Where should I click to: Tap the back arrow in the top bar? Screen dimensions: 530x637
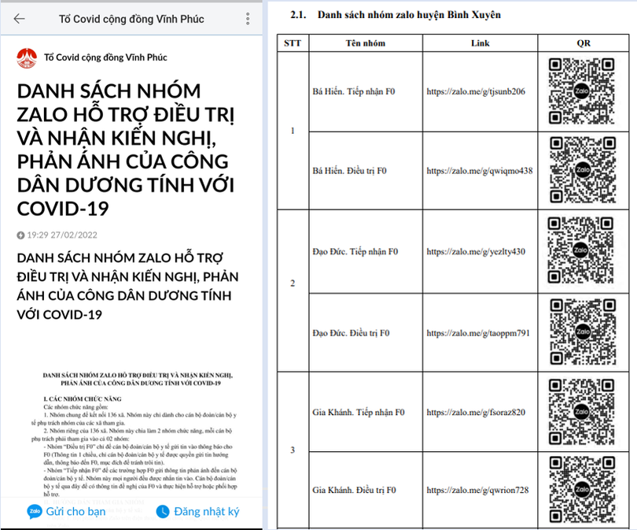(19, 19)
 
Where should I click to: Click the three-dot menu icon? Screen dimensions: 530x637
(249, 19)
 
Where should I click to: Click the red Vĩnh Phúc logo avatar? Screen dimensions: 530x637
(27, 57)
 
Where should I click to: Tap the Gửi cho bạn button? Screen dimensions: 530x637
(67, 511)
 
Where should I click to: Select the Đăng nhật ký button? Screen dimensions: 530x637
(197, 511)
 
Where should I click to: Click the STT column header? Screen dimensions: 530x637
(293, 43)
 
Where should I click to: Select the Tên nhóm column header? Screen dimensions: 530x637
(365, 43)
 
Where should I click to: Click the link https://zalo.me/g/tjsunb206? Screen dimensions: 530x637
(475, 91)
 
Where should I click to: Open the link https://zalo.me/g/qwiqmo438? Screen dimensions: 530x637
(479, 171)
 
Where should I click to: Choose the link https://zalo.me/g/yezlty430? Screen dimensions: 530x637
(475, 252)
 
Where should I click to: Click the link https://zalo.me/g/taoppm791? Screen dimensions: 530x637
(477, 332)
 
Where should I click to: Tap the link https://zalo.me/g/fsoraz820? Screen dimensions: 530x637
(475, 412)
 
